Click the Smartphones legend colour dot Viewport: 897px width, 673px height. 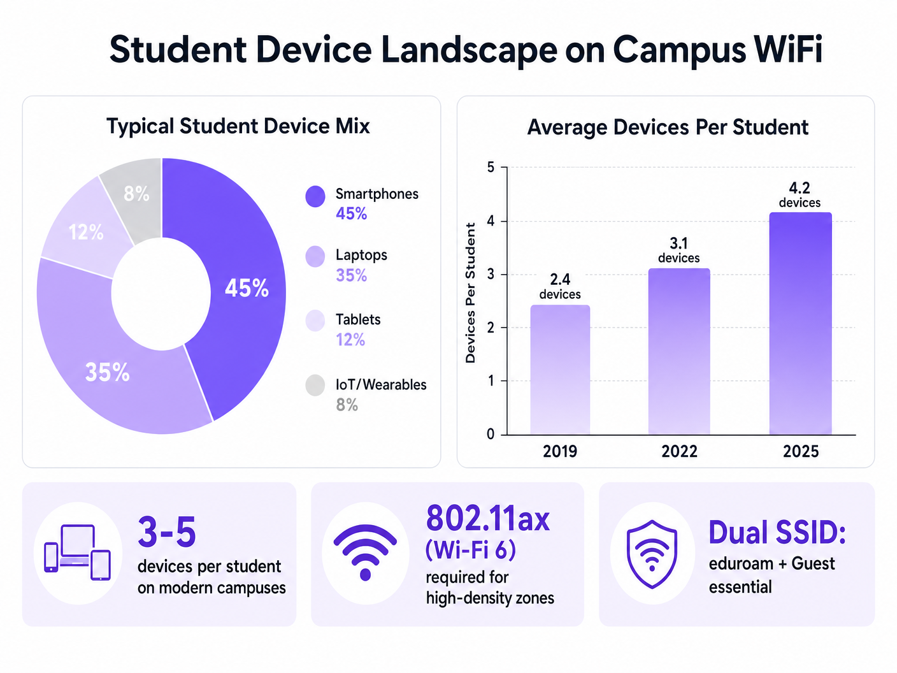pyautogui.click(x=315, y=196)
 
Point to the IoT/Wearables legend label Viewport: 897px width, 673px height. pyautogui.click(x=381, y=385)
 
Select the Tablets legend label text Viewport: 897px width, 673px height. pyautogui.click(x=358, y=319)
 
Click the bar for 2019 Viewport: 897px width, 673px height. pyautogui.click(x=560, y=370)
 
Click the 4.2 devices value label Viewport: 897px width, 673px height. pyautogui.click(x=800, y=194)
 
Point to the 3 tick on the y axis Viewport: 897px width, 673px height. pyautogui.click(x=491, y=275)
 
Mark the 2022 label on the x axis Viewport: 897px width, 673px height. pyautogui.click(x=679, y=451)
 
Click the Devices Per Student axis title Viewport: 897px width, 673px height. pyautogui.click(x=471, y=293)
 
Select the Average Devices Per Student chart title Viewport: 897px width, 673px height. pyautogui.click(x=667, y=127)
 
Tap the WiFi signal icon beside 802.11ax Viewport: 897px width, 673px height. pyautogui.click(x=365, y=552)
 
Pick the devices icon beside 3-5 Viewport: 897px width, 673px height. pyautogui.click(x=77, y=553)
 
